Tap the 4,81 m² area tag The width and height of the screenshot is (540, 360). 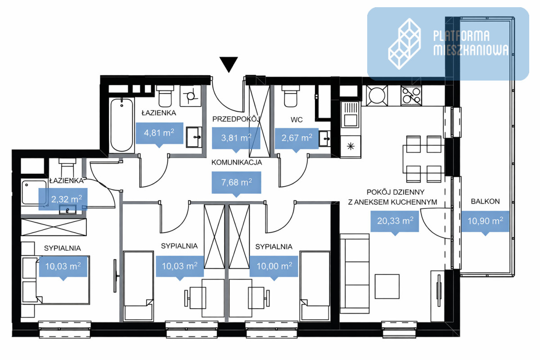(159, 134)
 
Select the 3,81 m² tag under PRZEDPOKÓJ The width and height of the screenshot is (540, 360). (236, 139)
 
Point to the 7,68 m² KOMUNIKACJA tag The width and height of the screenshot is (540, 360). (236, 184)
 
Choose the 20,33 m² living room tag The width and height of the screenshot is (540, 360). (395, 223)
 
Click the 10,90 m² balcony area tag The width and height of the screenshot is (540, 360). (485, 223)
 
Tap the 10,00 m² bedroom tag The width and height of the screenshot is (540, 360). (274, 268)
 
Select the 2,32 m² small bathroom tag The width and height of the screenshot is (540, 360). (63, 200)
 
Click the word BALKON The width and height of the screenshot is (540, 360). (485, 201)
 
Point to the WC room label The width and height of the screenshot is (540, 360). (297, 120)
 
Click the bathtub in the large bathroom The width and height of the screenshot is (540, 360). (122, 125)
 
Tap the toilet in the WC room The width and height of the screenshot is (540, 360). (291, 96)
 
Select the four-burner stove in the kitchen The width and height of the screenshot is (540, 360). (411, 96)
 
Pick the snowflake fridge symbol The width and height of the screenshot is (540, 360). (351, 146)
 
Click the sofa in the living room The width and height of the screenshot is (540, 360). (355, 274)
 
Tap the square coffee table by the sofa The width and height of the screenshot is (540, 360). (387, 287)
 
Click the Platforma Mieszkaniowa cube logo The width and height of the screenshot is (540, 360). (405, 44)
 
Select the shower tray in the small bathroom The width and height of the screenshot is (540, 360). (34, 192)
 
